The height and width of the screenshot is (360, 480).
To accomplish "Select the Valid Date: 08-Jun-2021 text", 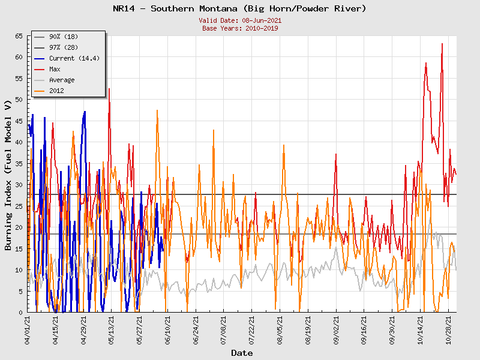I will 240,20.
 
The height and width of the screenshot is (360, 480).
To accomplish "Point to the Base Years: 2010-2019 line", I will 240,28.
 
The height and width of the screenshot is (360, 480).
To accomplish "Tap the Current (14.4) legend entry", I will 70,59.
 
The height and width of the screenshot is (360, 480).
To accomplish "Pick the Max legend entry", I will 55,70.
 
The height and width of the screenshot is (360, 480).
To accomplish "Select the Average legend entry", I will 62,80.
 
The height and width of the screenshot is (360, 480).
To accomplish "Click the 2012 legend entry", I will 56,91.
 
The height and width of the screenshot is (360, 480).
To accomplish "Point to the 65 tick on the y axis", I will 19,37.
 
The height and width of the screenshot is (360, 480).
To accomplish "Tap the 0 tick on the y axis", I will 20,313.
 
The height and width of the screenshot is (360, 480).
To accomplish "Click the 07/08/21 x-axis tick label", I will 224,329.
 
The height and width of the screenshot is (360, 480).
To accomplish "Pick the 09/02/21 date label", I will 336,329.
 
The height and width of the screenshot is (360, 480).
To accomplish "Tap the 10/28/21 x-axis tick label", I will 448,329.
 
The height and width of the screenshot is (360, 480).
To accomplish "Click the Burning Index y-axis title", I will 8,174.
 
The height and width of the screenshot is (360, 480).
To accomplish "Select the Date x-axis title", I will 242,353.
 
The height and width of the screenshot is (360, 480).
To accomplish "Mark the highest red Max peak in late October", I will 442,43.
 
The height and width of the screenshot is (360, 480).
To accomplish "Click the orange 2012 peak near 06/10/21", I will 157,110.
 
